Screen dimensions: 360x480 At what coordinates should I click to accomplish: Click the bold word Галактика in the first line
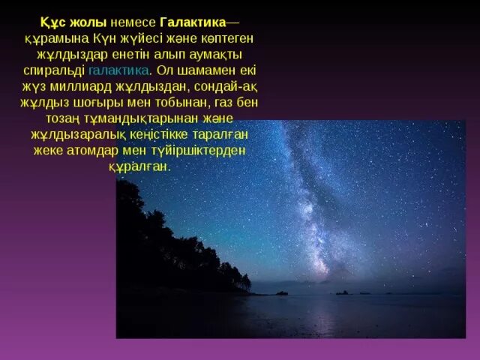click(193, 22)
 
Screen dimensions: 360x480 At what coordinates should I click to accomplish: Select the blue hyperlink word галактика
click(118, 70)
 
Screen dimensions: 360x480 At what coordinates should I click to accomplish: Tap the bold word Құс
click(51, 22)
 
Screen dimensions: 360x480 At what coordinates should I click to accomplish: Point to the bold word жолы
click(84, 22)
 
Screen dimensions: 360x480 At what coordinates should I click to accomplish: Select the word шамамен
click(202, 70)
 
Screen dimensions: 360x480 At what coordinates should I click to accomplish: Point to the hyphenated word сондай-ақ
click(220, 87)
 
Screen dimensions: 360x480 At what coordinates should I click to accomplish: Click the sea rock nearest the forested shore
click(281, 292)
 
